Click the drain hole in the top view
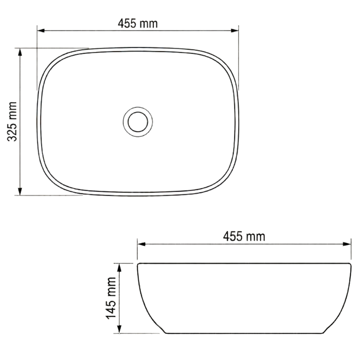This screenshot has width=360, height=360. coord(138,122)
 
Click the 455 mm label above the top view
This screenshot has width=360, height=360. coord(138,24)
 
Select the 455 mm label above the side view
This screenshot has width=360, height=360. coord(244,236)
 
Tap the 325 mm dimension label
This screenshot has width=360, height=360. coord(12,121)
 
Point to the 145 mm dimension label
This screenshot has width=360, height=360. coord(111,298)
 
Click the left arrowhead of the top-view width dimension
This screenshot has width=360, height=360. coord(41,30)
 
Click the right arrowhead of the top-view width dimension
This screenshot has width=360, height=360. coord(235,30)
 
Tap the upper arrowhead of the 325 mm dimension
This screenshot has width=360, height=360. coord(20,52)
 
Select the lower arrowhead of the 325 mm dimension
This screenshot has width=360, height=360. coord(20,191)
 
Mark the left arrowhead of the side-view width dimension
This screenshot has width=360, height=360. coord(141,244)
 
